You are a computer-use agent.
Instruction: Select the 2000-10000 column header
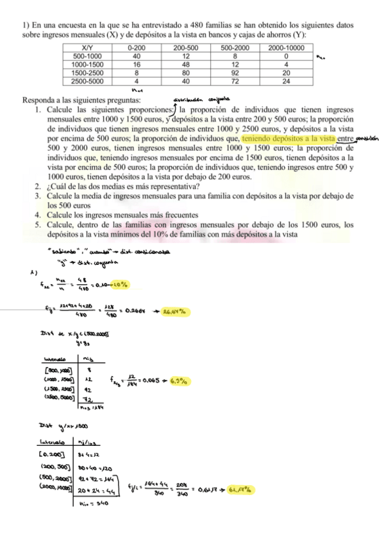coord(286,47)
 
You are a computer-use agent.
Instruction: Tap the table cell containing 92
coord(235,73)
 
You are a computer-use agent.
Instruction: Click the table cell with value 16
coord(137,64)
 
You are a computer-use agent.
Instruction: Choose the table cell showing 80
coord(186,73)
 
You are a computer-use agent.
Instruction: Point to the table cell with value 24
coord(286,81)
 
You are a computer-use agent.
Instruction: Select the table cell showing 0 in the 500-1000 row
coord(286,56)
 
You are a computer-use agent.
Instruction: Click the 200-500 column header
coord(186,47)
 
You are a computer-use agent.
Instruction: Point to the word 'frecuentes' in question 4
coord(178,214)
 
